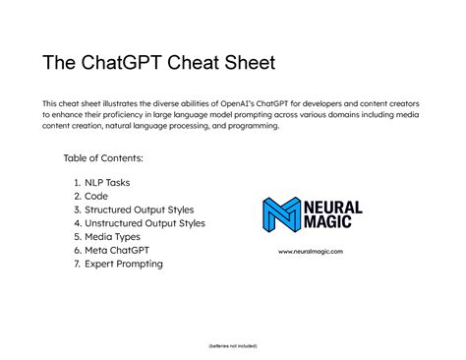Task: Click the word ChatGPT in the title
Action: (x=131, y=65)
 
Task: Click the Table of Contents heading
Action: (x=103, y=158)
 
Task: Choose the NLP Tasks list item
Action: (x=107, y=183)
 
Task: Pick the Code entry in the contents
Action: (x=96, y=197)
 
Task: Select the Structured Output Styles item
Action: (x=139, y=210)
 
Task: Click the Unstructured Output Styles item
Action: (x=145, y=223)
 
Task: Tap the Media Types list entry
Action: (x=114, y=237)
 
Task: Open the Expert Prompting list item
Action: (x=123, y=264)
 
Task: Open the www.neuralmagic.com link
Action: (x=312, y=252)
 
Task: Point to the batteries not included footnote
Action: (x=233, y=346)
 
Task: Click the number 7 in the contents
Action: (x=77, y=264)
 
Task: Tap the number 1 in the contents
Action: (x=77, y=183)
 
